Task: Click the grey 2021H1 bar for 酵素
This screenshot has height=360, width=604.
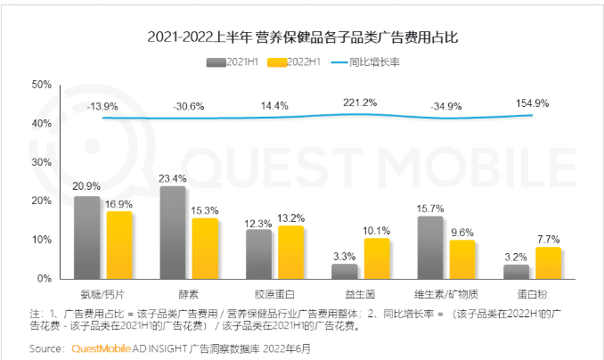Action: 172,233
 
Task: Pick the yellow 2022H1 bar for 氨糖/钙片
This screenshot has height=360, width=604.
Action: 118,245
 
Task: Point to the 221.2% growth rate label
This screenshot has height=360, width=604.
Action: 360,102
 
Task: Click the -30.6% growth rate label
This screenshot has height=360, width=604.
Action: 190,106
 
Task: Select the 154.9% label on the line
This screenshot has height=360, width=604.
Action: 532,103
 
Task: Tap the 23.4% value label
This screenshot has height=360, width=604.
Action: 172,177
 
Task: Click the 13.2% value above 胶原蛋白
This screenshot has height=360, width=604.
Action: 290,217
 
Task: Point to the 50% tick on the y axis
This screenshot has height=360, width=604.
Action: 42,85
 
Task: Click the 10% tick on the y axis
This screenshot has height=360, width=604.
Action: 42,240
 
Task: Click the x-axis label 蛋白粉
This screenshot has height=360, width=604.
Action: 532,291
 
